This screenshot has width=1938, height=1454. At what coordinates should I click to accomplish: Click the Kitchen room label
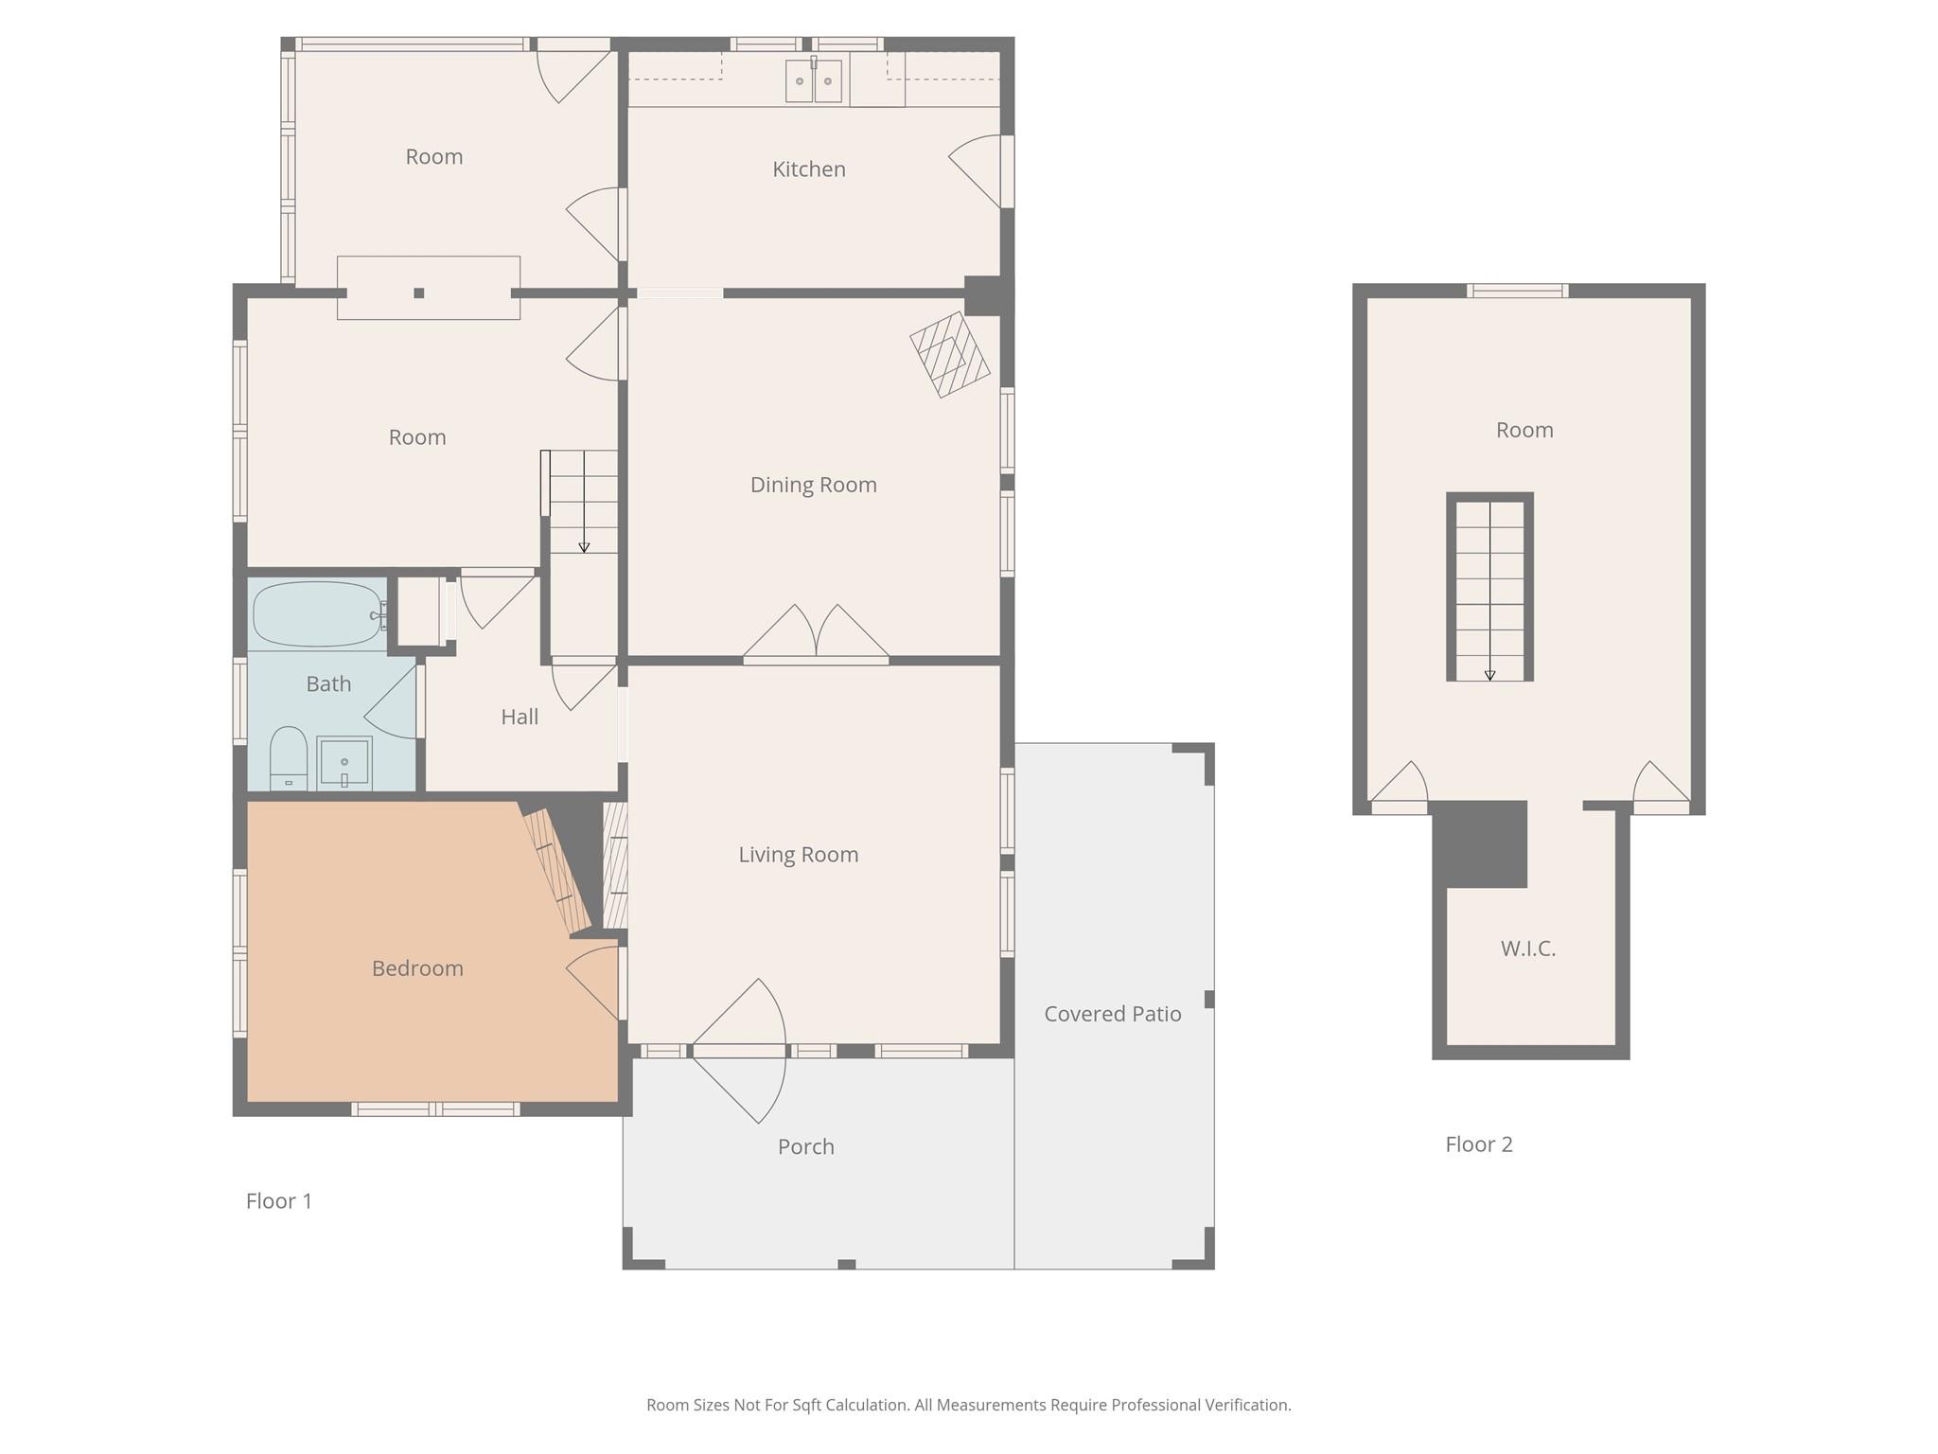tap(809, 169)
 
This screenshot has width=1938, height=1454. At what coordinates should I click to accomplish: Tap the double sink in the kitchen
tap(814, 80)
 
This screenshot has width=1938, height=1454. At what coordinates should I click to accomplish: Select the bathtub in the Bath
tap(318, 614)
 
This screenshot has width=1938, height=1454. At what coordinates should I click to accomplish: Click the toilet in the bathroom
tap(289, 758)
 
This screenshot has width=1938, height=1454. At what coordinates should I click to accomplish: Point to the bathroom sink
tap(344, 761)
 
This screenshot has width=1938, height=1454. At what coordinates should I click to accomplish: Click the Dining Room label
tap(814, 485)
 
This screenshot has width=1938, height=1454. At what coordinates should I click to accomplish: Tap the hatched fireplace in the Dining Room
tap(950, 354)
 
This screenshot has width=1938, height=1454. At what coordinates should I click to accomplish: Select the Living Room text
tap(799, 855)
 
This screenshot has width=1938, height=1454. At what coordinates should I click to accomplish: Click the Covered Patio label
tap(1113, 1014)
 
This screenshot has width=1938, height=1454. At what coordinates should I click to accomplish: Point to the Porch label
tap(806, 1146)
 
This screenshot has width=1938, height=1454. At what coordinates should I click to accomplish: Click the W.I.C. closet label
tap(1528, 949)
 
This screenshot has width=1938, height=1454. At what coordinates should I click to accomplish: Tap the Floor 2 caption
tap(1479, 1144)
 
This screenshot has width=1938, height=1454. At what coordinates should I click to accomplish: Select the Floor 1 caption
tap(279, 1201)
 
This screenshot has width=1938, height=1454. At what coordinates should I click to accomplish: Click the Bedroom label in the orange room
tap(417, 968)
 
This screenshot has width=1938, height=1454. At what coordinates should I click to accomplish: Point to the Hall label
tap(520, 718)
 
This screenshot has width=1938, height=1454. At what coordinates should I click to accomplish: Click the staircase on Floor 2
tap(1490, 587)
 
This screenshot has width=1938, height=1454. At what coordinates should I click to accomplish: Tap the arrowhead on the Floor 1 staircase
tap(584, 548)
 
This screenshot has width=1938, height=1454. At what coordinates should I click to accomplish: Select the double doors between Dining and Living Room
tap(816, 631)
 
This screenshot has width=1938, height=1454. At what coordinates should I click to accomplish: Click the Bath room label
tap(328, 684)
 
